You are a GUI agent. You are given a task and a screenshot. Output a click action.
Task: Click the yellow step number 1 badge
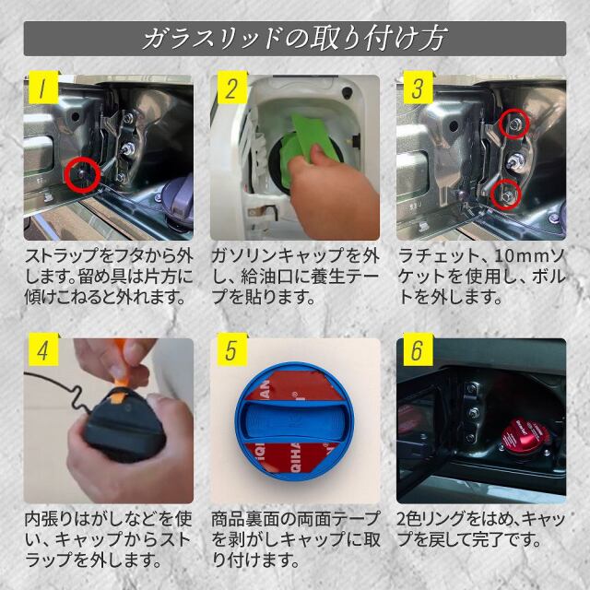(x=43, y=88)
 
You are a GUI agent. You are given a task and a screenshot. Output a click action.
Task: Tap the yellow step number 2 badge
(x=232, y=88)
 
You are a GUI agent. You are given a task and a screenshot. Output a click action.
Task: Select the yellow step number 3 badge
(x=418, y=88)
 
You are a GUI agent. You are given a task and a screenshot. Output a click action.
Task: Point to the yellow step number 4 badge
(x=43, y=349)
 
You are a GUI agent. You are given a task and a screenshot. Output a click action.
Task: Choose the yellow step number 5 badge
(x=232, y=349)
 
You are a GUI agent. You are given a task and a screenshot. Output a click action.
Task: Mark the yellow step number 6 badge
(x=418, y=349)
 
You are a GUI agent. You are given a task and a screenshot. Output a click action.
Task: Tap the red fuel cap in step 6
(x=525, y=436)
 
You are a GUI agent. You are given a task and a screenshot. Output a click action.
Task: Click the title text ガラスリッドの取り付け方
(x=295, y=39)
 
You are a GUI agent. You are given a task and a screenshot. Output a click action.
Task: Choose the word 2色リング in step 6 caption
(x=431, y=519)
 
